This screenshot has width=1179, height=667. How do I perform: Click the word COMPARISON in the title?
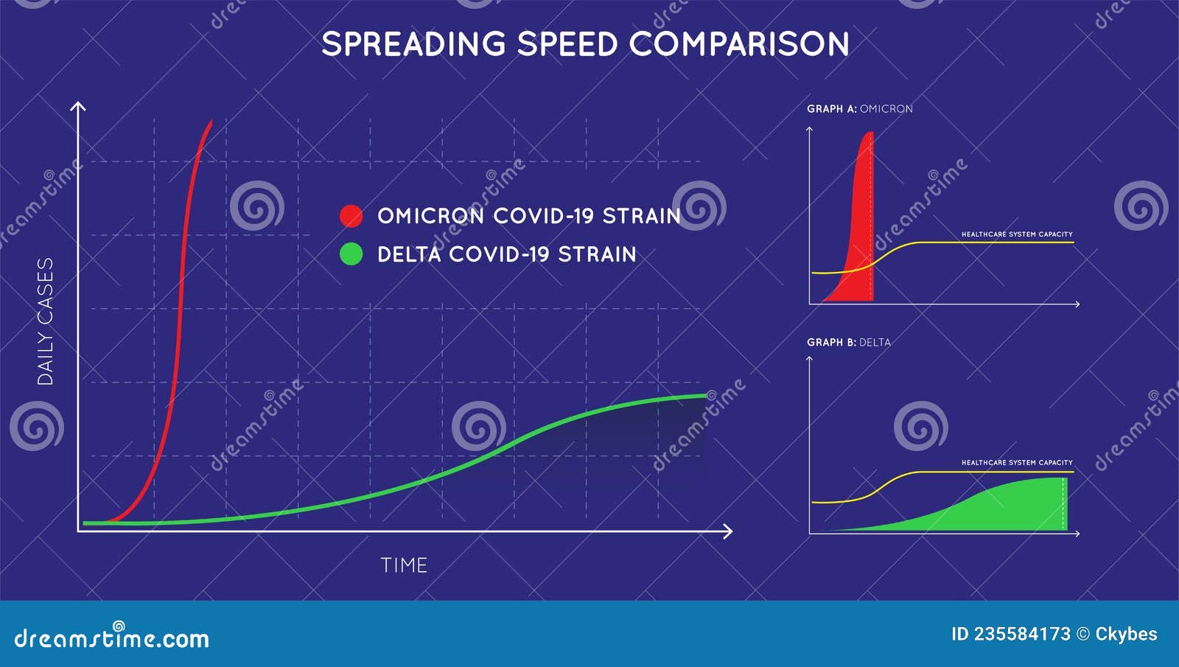point(739,44)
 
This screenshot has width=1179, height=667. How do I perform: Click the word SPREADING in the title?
point(413,44)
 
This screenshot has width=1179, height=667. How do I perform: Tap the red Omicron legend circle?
point(351,216)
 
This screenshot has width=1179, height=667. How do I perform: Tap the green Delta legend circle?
point(351,254)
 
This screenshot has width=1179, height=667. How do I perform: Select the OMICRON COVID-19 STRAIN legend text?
point(528,216)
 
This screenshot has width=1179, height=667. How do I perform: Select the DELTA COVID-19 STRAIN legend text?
point(506,254)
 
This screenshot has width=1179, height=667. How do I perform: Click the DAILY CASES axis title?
point(46,321)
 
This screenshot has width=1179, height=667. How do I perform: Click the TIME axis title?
point(404,565)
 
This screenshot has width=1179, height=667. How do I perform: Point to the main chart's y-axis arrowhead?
point(77,106)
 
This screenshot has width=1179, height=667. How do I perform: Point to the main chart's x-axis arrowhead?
point(728,531)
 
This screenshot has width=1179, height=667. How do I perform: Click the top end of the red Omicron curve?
point(211,122)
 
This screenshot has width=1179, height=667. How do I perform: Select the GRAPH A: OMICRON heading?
point(859,108)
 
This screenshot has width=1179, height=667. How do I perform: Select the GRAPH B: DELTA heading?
point(848,342)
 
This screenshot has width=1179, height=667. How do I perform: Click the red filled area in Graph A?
point(860,243)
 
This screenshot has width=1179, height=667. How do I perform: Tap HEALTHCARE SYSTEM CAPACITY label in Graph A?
point(1016,234)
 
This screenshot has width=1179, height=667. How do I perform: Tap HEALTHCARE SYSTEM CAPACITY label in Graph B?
point(1016,463)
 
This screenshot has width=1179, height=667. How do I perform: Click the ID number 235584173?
point(1021,634)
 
